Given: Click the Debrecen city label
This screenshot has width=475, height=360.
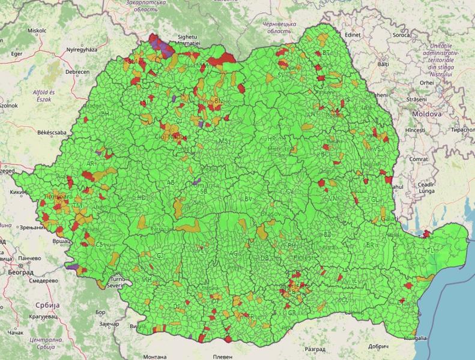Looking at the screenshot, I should click(x=77, y=71).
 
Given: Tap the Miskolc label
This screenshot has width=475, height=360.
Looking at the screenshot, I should click(x=37, y=29).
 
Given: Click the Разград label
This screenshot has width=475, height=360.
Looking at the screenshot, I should click(x=315, y=349).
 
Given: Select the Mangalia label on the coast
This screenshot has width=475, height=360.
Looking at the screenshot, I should click(x=415, y=338).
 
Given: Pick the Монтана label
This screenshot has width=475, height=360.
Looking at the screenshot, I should click(x=156, y=356).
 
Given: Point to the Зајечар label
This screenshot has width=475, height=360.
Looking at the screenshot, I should click(x=108, y=325).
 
